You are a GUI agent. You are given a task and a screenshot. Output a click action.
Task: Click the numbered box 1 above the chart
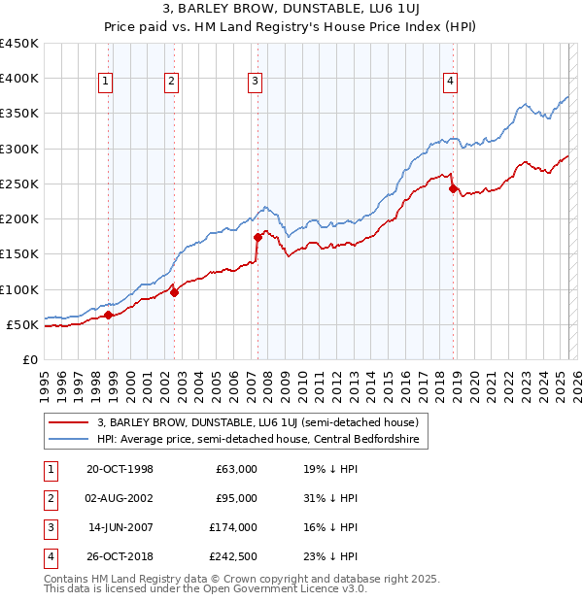104,82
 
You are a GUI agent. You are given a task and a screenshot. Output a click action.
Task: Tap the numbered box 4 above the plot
451,82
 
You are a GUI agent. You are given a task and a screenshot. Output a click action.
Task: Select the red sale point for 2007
257,237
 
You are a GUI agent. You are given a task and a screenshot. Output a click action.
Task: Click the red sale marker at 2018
453,188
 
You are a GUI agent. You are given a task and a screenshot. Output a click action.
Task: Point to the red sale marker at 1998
109,316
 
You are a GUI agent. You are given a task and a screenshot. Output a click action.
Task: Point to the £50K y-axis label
22,324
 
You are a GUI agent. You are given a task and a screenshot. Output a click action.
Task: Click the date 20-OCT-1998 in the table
120,469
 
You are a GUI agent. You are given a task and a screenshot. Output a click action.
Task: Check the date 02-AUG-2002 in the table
120,498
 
